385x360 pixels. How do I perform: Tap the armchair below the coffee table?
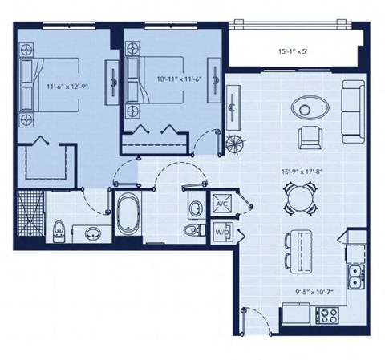tap(309, 138)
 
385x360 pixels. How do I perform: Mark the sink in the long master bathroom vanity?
tap(92, 234)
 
